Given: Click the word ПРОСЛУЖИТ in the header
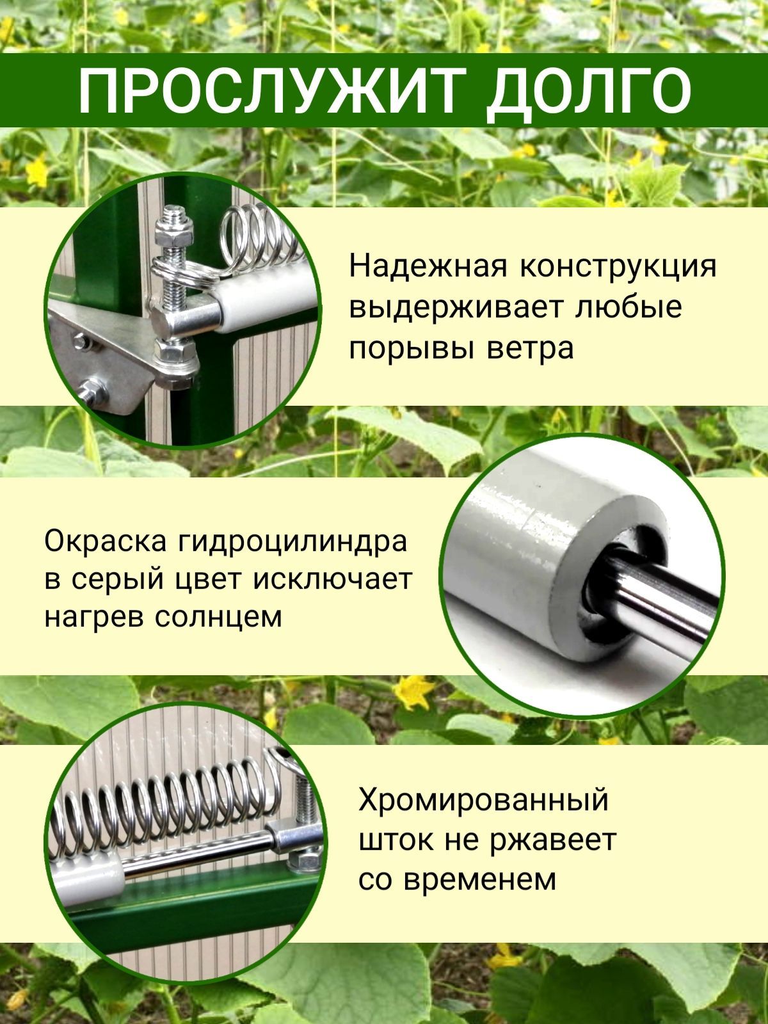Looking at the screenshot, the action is click(x=269, y=90).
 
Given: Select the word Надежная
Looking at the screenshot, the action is click(x=428, y=267).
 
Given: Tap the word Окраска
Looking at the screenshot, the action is click(x=106, y=541).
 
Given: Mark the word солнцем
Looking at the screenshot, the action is click(x=218, y=617).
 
